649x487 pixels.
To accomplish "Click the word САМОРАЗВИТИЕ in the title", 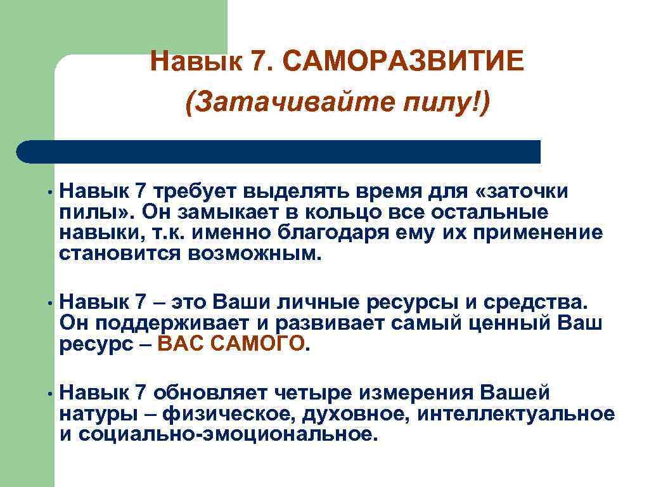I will (403, 62).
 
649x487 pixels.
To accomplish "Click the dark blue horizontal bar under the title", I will (279, 152).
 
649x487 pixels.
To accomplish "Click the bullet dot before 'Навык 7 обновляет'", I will (48, 393).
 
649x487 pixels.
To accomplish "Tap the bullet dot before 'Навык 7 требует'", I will (48, 191).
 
